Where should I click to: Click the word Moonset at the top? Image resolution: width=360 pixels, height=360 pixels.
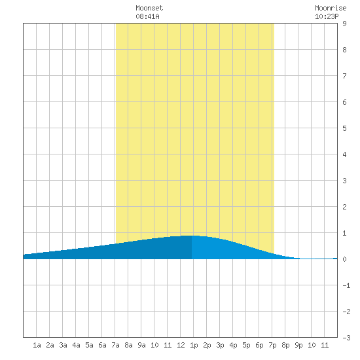(x=149, y=8)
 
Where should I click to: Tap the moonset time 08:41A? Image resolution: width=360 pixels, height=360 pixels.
(x=147, y=16)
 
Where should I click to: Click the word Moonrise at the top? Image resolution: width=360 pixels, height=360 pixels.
(x=331, y=8)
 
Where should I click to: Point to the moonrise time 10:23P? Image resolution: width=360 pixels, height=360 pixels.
(x=327, y=16)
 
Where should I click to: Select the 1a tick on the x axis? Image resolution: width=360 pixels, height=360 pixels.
(x=37, y=345)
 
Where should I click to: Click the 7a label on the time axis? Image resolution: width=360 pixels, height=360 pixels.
(x=115, y=345)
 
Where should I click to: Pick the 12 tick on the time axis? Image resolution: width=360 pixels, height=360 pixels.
(x=181, y=345)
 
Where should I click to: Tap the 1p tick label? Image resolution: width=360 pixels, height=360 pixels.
(x=194, y=345)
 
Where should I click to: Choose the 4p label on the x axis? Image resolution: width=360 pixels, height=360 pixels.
(x=233, y=345)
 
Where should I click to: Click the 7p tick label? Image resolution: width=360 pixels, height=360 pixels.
(x=272, y=345)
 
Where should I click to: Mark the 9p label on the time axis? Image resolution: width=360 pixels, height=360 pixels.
(x=298, y=345)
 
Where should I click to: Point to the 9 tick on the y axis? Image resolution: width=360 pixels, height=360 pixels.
(x=344, y=24)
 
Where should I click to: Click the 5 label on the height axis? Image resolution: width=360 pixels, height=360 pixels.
(x=344, y=128)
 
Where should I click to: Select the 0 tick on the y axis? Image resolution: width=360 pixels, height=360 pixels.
(x=344, y=259)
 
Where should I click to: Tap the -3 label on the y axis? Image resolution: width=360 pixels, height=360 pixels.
(x=346, y=338)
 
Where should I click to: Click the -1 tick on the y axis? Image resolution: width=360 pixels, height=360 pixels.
(x=346, y=285)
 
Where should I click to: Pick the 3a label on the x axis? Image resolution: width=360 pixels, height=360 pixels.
(x=63, y=345)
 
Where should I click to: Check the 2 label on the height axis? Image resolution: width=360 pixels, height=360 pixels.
(x=344, y=207)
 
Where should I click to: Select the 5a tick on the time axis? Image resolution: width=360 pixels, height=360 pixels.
(x=89, y=345)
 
